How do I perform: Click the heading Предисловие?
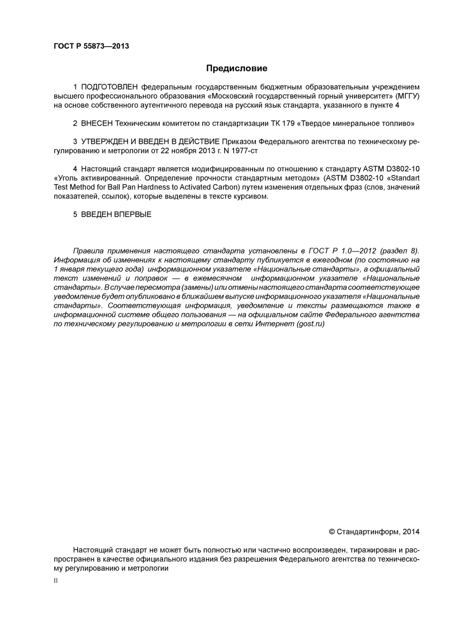(236, 68)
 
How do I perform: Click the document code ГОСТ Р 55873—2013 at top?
(91, 46)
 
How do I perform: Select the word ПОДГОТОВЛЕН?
(109, 87)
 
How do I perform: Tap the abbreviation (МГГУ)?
(407, 96)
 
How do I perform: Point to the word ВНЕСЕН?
(97, 124)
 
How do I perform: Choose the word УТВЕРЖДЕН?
(103, 142)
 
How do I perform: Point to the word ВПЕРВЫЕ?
(133, 214)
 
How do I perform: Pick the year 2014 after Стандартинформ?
(411, 532)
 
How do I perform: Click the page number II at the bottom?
(56, 581)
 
